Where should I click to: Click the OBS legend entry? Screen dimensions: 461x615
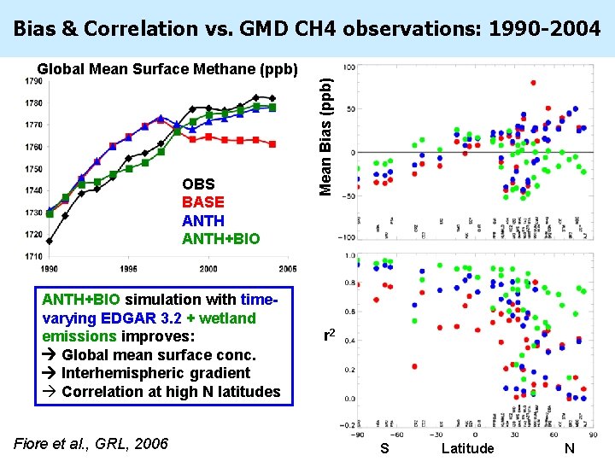tap(198, 184)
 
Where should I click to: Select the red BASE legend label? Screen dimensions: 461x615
tap(203, 202)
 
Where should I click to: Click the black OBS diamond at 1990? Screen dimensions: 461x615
tap(50, 241)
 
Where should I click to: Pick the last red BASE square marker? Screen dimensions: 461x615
tap(272, 144)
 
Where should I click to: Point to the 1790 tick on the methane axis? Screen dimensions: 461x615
tap(33, 82)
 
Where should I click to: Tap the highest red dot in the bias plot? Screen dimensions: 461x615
tap(533, 83)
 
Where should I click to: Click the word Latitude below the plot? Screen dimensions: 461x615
tap(467, 448)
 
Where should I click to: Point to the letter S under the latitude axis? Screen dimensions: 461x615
tap(384, 448)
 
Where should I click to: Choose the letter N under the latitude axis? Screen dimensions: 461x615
tap(569, 448)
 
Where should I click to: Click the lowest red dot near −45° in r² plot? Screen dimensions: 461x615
tap(414, 366)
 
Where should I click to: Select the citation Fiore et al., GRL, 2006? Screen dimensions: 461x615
tap(91, 443)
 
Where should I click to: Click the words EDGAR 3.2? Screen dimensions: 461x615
tap(133, 318)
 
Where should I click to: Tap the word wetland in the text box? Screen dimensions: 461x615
tap(226, 318)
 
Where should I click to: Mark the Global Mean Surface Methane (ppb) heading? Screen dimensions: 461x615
tap(167, 68)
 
